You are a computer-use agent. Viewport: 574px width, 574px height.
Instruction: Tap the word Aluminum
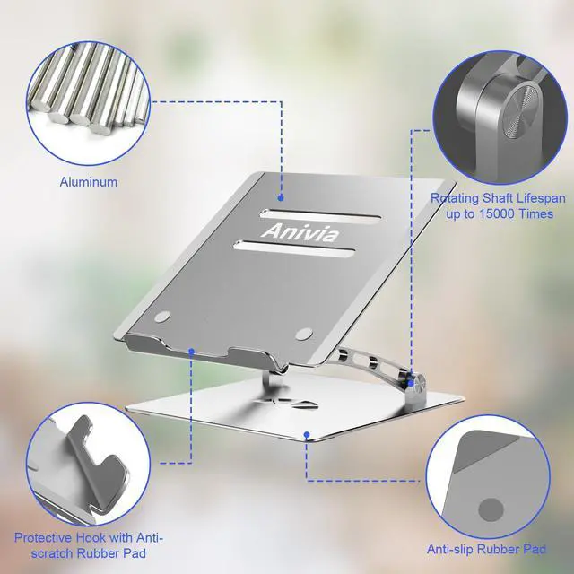(x=89, y=181)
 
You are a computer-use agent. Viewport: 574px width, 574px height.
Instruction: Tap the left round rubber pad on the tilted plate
(x=162, y=316)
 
